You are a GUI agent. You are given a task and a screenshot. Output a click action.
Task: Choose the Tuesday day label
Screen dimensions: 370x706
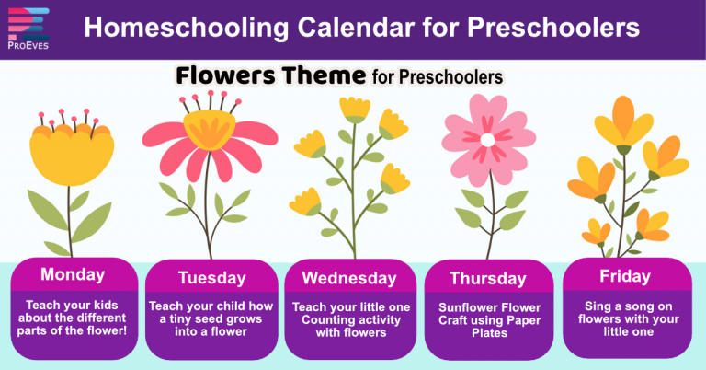pyautogui.click(x=211, y=277)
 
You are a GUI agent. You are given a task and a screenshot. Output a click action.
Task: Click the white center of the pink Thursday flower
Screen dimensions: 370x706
pyautogui.click(x=486, y=140)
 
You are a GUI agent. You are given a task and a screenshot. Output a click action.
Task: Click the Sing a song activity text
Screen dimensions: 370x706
pyautogui.click(x=625, y=318)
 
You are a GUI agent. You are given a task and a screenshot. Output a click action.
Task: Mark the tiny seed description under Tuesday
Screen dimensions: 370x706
pyautogui.click(x=211, y=318)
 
